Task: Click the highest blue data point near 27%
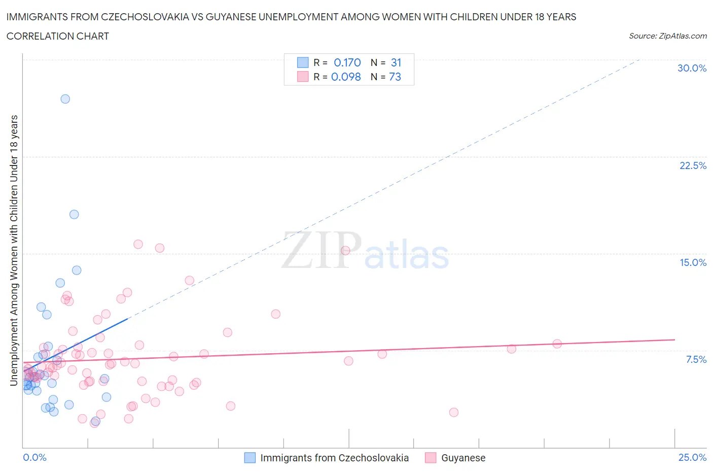click(x=65, y=99)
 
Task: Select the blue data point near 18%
click(x=74, y=214)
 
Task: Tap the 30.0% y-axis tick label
click(x=692, y=68)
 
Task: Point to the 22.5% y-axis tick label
click(x=693, y=165)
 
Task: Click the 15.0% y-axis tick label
click(x=693, y=262)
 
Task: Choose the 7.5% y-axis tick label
click(x=696, y=359)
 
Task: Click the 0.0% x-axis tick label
click(x=35, y=457)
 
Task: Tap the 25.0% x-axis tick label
click(x=692, y=457)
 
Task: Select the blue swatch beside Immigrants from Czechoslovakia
click(x=250, y=458)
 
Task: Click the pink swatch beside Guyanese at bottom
click(x=431, y=458)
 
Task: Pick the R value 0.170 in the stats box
click(x=347, y=62)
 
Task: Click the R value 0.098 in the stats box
click(x=346, y=77)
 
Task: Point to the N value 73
click(x=395, y=77)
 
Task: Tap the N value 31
click(x=396, y=62)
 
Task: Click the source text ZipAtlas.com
click(x=683, y=36)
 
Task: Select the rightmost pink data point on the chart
click(x=557, y=344)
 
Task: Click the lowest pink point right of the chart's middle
click(x=454, y=412)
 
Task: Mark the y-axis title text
click(x=14, y=250)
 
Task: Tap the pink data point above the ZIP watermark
click(x=345, y=250)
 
